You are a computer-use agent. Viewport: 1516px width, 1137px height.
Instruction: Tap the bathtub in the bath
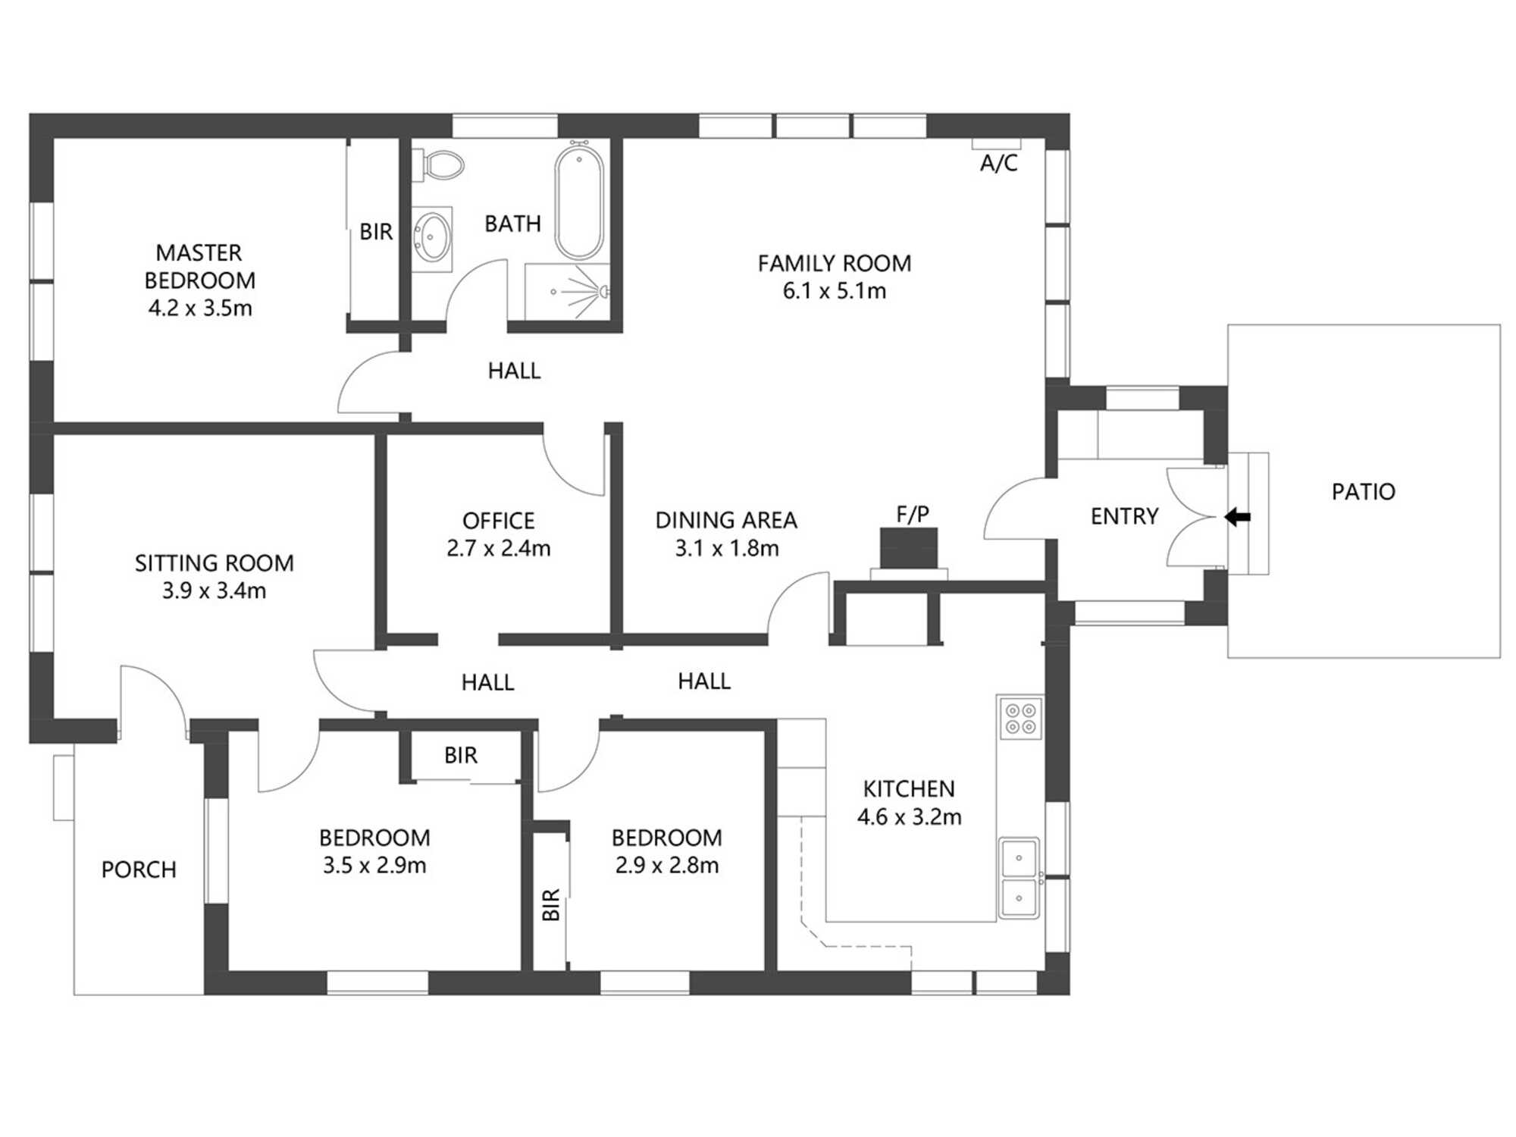[x=579, y=202]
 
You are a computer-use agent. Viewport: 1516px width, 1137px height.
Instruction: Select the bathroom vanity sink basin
[x=433, y=237]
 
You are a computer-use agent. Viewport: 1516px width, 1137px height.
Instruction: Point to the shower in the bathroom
[x=568, y=291]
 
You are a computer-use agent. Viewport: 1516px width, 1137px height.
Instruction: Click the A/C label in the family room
[x=998, y=163]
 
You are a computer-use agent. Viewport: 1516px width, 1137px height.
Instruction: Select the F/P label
[x=913, y=515]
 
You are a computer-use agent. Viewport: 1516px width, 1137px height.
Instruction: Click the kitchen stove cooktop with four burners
[x=1020, y=719]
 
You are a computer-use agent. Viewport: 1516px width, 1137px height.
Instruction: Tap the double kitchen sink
[x=1019, y=878]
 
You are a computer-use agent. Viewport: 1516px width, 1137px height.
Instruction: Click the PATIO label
[x=1363, y=492]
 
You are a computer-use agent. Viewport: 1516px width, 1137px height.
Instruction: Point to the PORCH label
[x=139, y=869]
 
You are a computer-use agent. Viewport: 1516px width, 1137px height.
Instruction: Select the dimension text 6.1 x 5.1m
[x=834, y=291]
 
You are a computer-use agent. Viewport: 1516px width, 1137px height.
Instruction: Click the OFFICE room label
[x=498, y=521]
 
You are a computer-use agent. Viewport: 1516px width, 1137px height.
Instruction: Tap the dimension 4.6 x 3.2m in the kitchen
[x=909, y=817]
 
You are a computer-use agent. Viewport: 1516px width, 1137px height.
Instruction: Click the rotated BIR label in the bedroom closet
[x=551, y=904]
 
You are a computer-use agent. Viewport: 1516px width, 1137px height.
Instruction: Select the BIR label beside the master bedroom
[x=376, y=232]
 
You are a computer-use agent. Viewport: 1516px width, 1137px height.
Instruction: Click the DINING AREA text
[x=725, y=521]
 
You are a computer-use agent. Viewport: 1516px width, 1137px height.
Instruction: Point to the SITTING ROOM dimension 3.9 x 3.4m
[x=214, y=590]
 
